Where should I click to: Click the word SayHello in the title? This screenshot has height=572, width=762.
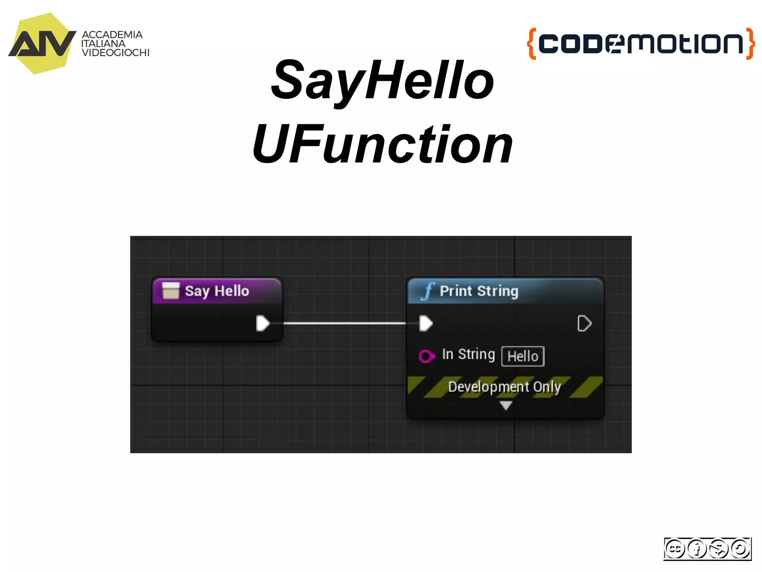(382, 81)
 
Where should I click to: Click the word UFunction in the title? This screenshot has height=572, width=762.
(382, 144)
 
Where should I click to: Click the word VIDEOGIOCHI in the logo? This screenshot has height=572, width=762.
(115, 53)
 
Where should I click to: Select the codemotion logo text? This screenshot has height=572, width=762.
(641, 43)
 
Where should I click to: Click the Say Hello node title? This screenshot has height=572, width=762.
(217, 291)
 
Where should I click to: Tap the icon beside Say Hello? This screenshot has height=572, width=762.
(171, 290)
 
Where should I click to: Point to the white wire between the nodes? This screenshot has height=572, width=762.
(344, 323)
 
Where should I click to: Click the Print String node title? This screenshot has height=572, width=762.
(479, 291)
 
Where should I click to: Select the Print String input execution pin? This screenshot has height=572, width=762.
(426, 323)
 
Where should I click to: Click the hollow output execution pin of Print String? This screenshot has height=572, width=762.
(584, 323)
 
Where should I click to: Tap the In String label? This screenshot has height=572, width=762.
(468, 354)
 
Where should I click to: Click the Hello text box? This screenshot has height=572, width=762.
(523, 356)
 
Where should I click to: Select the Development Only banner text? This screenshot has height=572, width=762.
(505, 387)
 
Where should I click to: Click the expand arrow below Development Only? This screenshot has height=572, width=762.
(506, 405)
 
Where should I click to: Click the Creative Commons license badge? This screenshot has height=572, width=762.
(707, 549)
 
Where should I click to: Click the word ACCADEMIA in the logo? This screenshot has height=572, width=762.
(112, 35)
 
